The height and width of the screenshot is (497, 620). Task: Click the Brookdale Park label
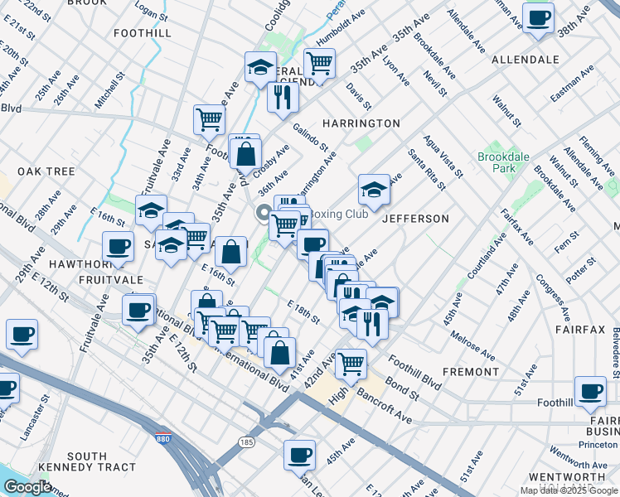click(496, 162)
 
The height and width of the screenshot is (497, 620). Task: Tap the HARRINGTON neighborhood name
click(361, 123)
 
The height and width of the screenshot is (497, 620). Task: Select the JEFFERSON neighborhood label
click(415, 219)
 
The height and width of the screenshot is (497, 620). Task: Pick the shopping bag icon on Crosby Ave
click(246, 152)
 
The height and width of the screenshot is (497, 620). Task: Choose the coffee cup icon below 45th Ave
click(299, 453)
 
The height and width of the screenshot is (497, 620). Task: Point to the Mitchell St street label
click(109, 89)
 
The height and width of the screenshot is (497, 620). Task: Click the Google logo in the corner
click(27, 487)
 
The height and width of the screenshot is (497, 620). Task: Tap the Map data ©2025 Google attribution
click(568, 490)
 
